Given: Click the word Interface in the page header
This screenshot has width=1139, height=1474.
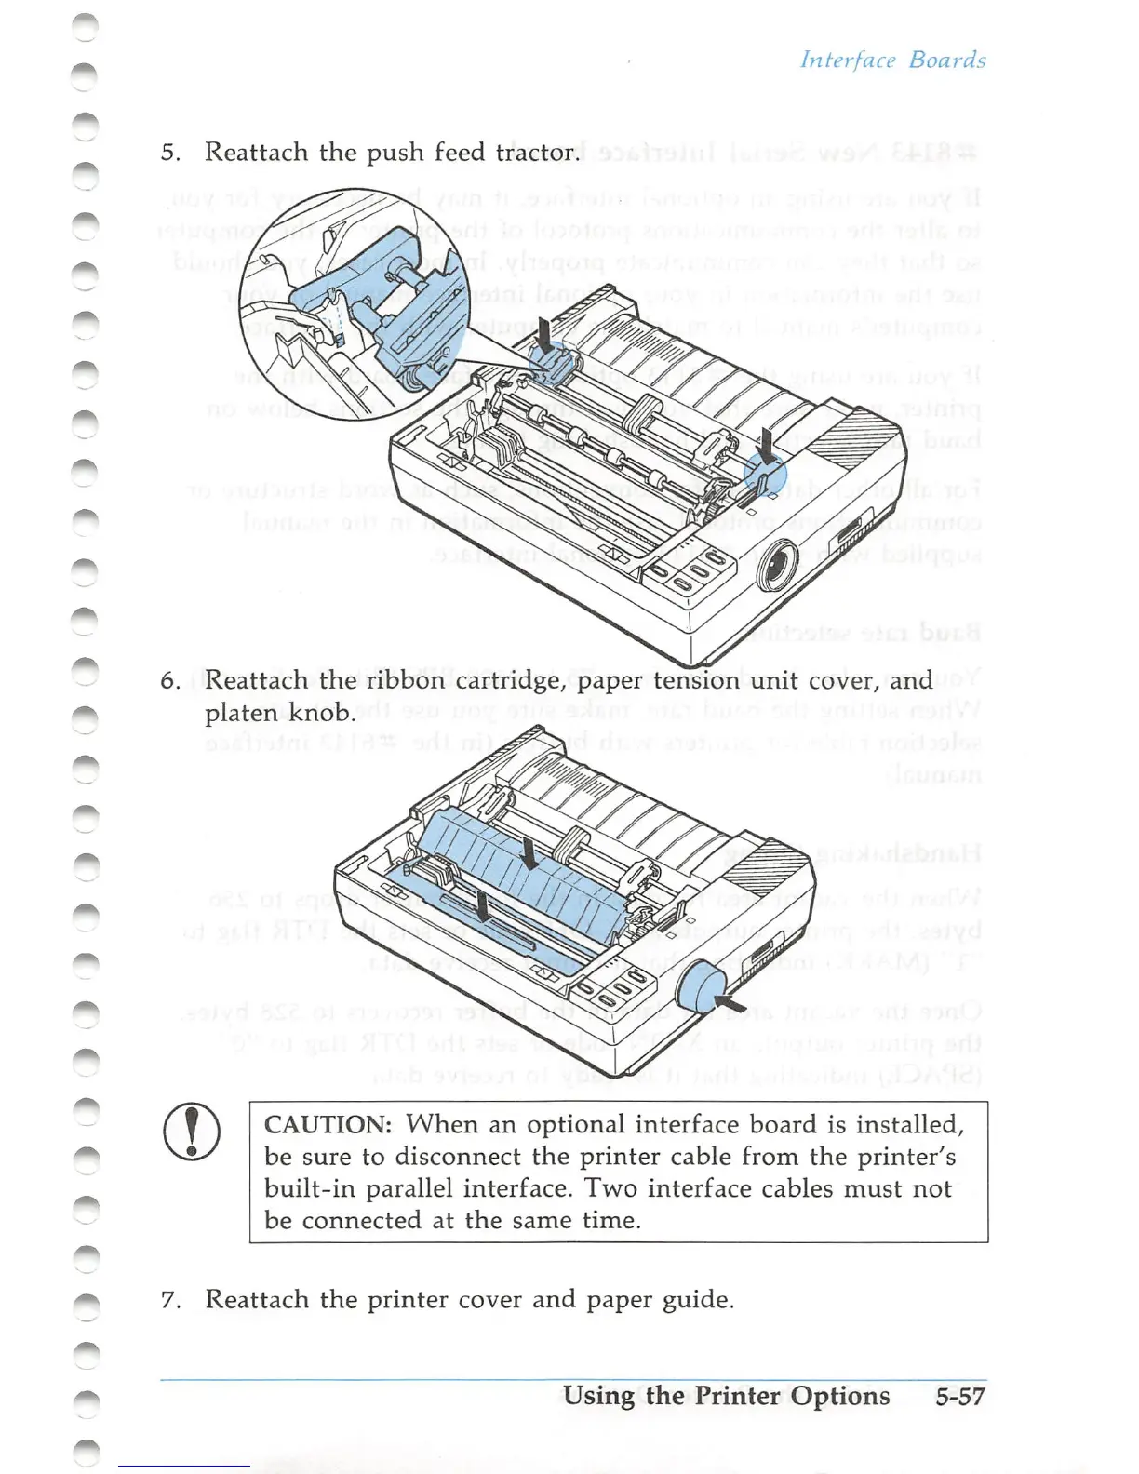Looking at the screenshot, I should [x=848, y=60].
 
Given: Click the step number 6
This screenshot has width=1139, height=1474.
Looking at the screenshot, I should [x=169, y=681].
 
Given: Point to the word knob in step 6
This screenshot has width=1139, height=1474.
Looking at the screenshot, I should [x=322, y=714].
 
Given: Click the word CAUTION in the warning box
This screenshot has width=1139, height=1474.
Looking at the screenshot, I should [x=328, y=1125].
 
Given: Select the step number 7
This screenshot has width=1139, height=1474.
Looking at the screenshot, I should [x=168, y=1300].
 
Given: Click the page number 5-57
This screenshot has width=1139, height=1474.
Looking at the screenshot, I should [x=959, y=1396].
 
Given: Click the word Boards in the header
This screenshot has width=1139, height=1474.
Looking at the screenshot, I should [x=947, y=60].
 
